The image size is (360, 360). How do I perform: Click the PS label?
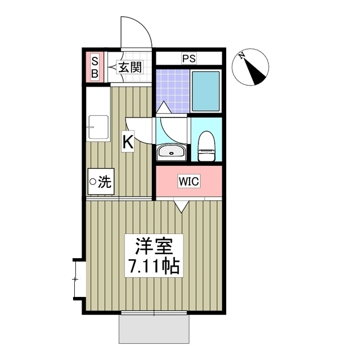click(x=189, y=58)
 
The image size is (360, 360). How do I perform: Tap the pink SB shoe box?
click(x=94, y=67)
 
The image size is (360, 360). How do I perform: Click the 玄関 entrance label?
click(x=130, y=67)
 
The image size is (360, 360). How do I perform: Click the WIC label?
click(x=188, y=182)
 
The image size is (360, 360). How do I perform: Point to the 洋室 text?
click(x=157, y=246)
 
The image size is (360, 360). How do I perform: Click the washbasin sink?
click(x=170, y=152)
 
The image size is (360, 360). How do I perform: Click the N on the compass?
click(x=241, y=56)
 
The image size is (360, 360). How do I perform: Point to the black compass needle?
click(x=257, y=73)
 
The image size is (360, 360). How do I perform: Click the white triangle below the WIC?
click(x=182, y=206)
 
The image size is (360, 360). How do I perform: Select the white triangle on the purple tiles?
click(x=162, y=107)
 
